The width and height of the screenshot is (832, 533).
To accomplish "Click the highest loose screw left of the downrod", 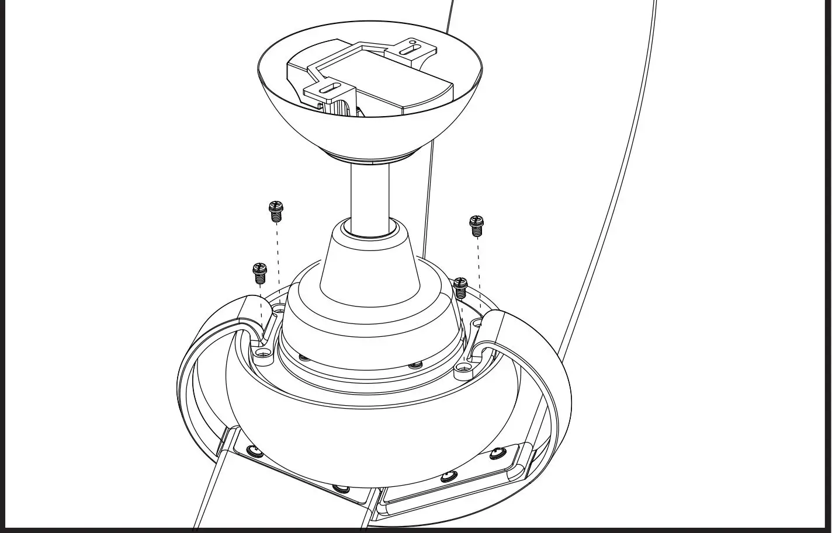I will coord(276,211).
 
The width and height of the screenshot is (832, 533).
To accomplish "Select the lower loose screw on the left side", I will coord(259,273).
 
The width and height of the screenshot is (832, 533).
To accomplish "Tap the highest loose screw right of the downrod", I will coord(476,225).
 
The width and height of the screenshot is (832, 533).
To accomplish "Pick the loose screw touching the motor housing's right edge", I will coord(460,287).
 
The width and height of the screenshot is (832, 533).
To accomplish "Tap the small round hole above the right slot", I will coord(413,42).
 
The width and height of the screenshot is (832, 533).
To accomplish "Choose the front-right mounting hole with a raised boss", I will coord(463,368).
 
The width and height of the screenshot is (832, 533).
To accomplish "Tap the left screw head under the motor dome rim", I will coord(303,357).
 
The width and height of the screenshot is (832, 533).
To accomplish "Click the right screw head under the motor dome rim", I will coord(415,365).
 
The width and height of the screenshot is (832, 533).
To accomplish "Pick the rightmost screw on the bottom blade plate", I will coord(496,452).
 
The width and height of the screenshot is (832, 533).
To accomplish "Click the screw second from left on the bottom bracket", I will coord(338,487).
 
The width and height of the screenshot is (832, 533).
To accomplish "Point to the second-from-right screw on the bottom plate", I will coord(448,475).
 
